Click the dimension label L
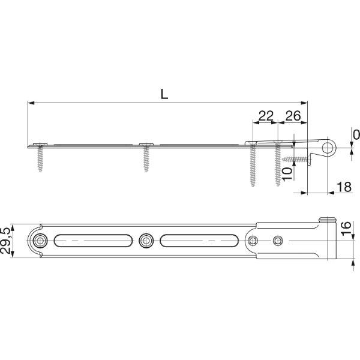click(164, 94)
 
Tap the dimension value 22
click(266, 116)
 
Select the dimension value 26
click(293, 116)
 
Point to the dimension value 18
click(344, 187)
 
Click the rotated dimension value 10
click(287, 174)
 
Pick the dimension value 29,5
click(5, 241)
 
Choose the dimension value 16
click(346, 228)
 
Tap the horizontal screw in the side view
click(296, 159)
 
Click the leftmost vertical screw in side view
click(40, 157)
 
